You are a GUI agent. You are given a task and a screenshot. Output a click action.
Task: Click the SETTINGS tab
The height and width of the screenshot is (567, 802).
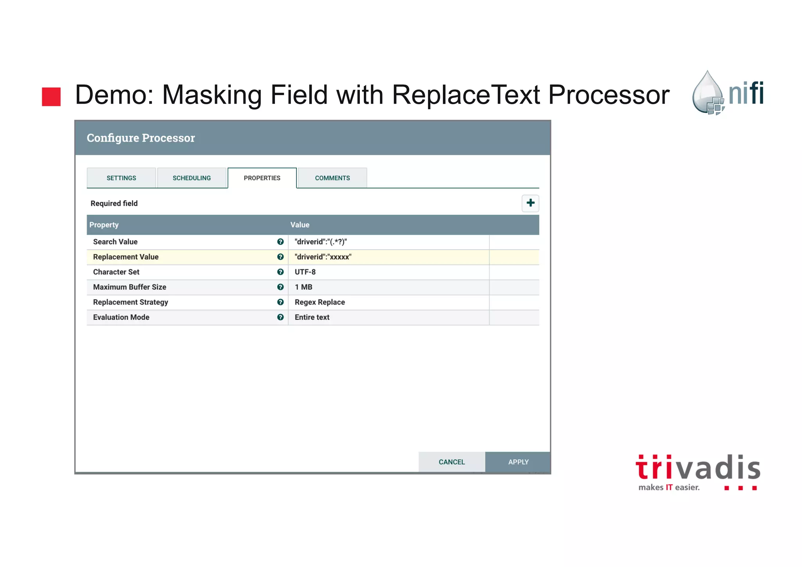(121, 178)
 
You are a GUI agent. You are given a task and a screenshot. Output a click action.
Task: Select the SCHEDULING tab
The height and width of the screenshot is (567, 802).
(191, 178)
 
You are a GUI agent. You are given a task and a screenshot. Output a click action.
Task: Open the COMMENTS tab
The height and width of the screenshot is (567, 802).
(332, 178)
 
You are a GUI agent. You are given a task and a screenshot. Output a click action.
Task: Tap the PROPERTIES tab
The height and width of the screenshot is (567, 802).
(262, 178)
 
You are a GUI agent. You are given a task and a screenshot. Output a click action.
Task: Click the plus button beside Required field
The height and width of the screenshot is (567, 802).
(530, 203)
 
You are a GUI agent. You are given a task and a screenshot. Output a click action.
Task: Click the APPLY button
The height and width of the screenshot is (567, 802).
(518, 462)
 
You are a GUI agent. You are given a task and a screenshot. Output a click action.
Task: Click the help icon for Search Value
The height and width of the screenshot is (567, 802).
(280, 242)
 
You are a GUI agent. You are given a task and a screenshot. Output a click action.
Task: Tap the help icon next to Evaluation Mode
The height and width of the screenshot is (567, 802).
(280, 317)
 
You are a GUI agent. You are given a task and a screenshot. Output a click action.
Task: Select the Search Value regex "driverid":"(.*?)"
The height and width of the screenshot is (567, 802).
(321, 242)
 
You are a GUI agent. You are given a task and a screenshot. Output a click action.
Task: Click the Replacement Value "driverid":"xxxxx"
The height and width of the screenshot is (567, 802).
(323, 257)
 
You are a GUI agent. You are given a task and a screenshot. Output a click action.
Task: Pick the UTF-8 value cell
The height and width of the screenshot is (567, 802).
(305, 272)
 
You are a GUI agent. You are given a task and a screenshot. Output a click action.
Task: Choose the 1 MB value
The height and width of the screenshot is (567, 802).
(303, 287)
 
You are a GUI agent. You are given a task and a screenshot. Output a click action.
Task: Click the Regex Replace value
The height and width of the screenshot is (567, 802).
(320, 302)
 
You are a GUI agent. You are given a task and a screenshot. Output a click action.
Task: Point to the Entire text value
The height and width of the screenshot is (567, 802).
(312, 317)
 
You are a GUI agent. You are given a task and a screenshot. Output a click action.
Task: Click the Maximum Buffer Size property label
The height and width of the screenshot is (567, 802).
(130, 287)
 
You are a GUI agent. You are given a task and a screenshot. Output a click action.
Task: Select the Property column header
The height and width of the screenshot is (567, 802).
(104, 225)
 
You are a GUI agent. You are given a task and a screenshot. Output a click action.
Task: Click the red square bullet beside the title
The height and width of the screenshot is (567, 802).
(51, 96)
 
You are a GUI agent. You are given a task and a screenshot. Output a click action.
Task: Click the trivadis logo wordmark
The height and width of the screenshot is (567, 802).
(698, 468)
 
